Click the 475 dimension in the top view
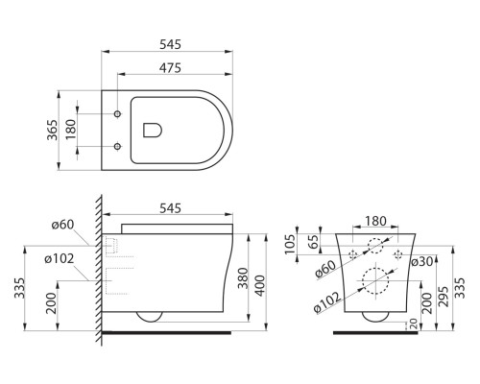(170, 67)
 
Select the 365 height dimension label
(54, 131)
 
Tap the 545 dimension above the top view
(170, 45)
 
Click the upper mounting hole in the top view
(117, 115)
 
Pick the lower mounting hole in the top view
(117, 147)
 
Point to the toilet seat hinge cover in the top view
(151, 131)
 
